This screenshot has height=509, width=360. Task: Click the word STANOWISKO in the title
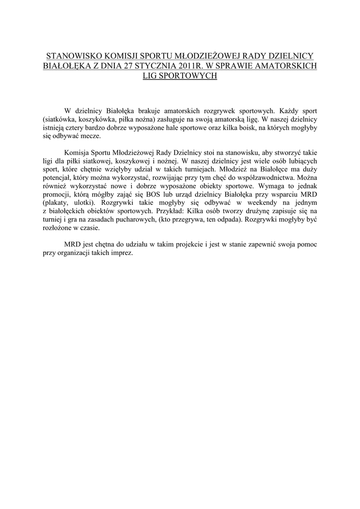pos(71,55)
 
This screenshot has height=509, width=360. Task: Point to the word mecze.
pos(90,137)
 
